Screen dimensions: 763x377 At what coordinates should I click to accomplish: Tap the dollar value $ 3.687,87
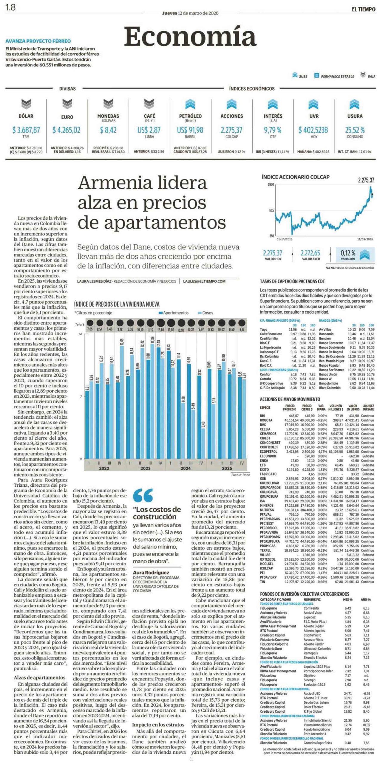pyautogui.click(x=26, y=130)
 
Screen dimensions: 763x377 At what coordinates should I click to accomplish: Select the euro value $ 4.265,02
pyautogui.click(x=67, y=130)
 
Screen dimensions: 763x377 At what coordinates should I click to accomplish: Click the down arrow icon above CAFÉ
pyautogui.click(x=149, y=104)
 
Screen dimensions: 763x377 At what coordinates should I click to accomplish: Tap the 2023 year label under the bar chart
pyautogui.click(x=145, y=468)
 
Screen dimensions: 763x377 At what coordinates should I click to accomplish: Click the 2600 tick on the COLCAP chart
pyautogui.click(x=271, y=185)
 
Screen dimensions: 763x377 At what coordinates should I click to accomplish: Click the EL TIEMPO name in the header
pyautogui.click(x=363, y=9)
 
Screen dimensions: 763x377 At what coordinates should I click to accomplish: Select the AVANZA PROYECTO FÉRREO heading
pyautogui.click(x=38, y=41)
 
